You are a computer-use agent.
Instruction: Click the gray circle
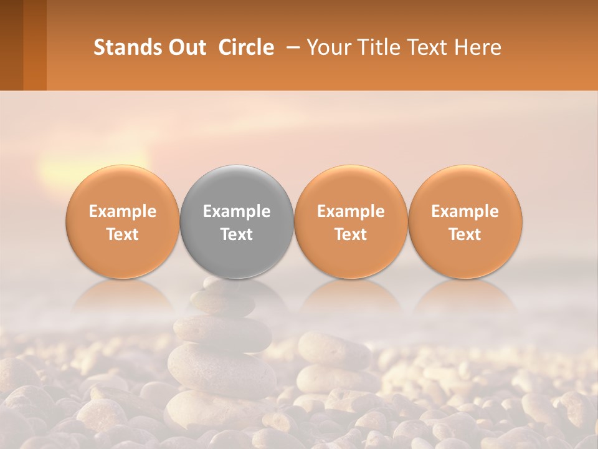237,221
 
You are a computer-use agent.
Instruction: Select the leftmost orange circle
123,221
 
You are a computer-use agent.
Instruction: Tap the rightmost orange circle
465,221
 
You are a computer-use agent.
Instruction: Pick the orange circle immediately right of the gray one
351,221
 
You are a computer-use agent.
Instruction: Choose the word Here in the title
477,47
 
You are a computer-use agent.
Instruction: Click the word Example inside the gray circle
237,211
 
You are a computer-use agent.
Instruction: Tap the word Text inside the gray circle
237,234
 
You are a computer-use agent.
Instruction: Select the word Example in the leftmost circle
123,211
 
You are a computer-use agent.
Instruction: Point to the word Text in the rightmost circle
465,234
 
